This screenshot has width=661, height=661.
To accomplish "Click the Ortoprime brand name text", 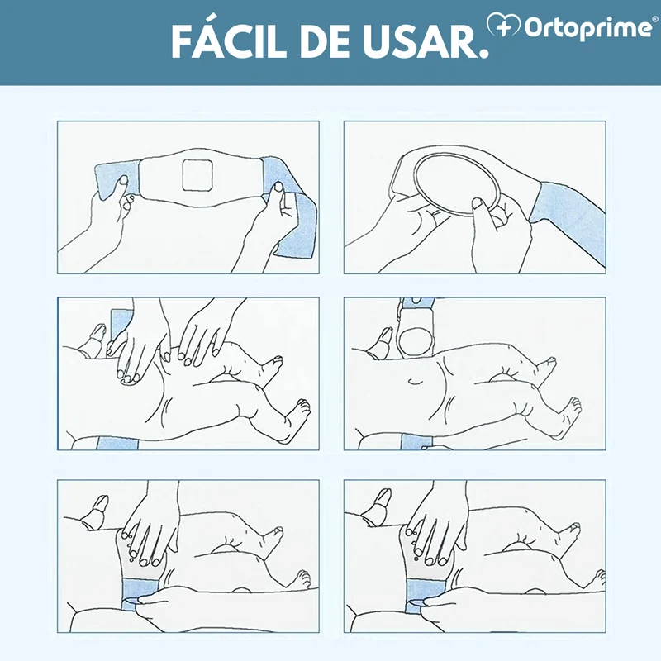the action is [x=588, y=27].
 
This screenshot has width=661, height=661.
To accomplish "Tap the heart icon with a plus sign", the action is [x=503, y=25].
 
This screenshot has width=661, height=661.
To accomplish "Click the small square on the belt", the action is [x=197, y=174].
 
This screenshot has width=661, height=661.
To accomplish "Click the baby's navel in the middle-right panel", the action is [x=416, y=382].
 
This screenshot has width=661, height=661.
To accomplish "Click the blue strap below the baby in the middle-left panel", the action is [x=117, y=443].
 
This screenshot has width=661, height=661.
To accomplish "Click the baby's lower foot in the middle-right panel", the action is [x=569, y=416].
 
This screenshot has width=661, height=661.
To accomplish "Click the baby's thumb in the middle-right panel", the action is [x=381, y=343].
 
